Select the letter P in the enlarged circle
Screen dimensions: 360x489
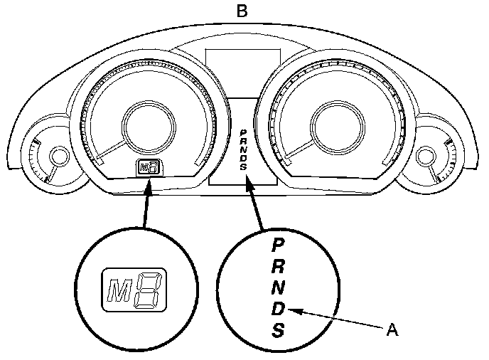[279, 244]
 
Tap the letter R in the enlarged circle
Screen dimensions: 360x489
[279, 267]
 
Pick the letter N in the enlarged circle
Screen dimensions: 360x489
[279, 288]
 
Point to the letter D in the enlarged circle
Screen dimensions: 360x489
[279, 309]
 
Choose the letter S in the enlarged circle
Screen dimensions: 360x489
[279, 331]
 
